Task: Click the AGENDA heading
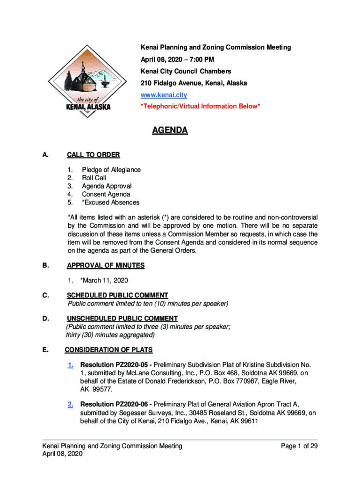(170, 131)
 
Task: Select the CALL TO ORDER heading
(94, 155)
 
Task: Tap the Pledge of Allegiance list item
(111, 170)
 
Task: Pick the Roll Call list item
(94, 178)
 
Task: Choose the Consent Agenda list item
(106, 194)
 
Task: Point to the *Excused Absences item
(110, 203)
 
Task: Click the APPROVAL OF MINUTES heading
(106, 266)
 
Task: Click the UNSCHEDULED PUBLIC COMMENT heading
(122, 319)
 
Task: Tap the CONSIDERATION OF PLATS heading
(108, 350)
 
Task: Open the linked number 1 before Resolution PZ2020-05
(70, 365)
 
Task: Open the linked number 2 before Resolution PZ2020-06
(70, 405)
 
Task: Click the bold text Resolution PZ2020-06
(115, 405)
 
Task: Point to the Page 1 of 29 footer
(299, 446)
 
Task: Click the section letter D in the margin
(46, 319)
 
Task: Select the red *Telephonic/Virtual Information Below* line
(200, 107)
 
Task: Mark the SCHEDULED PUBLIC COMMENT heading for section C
(117, 296)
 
